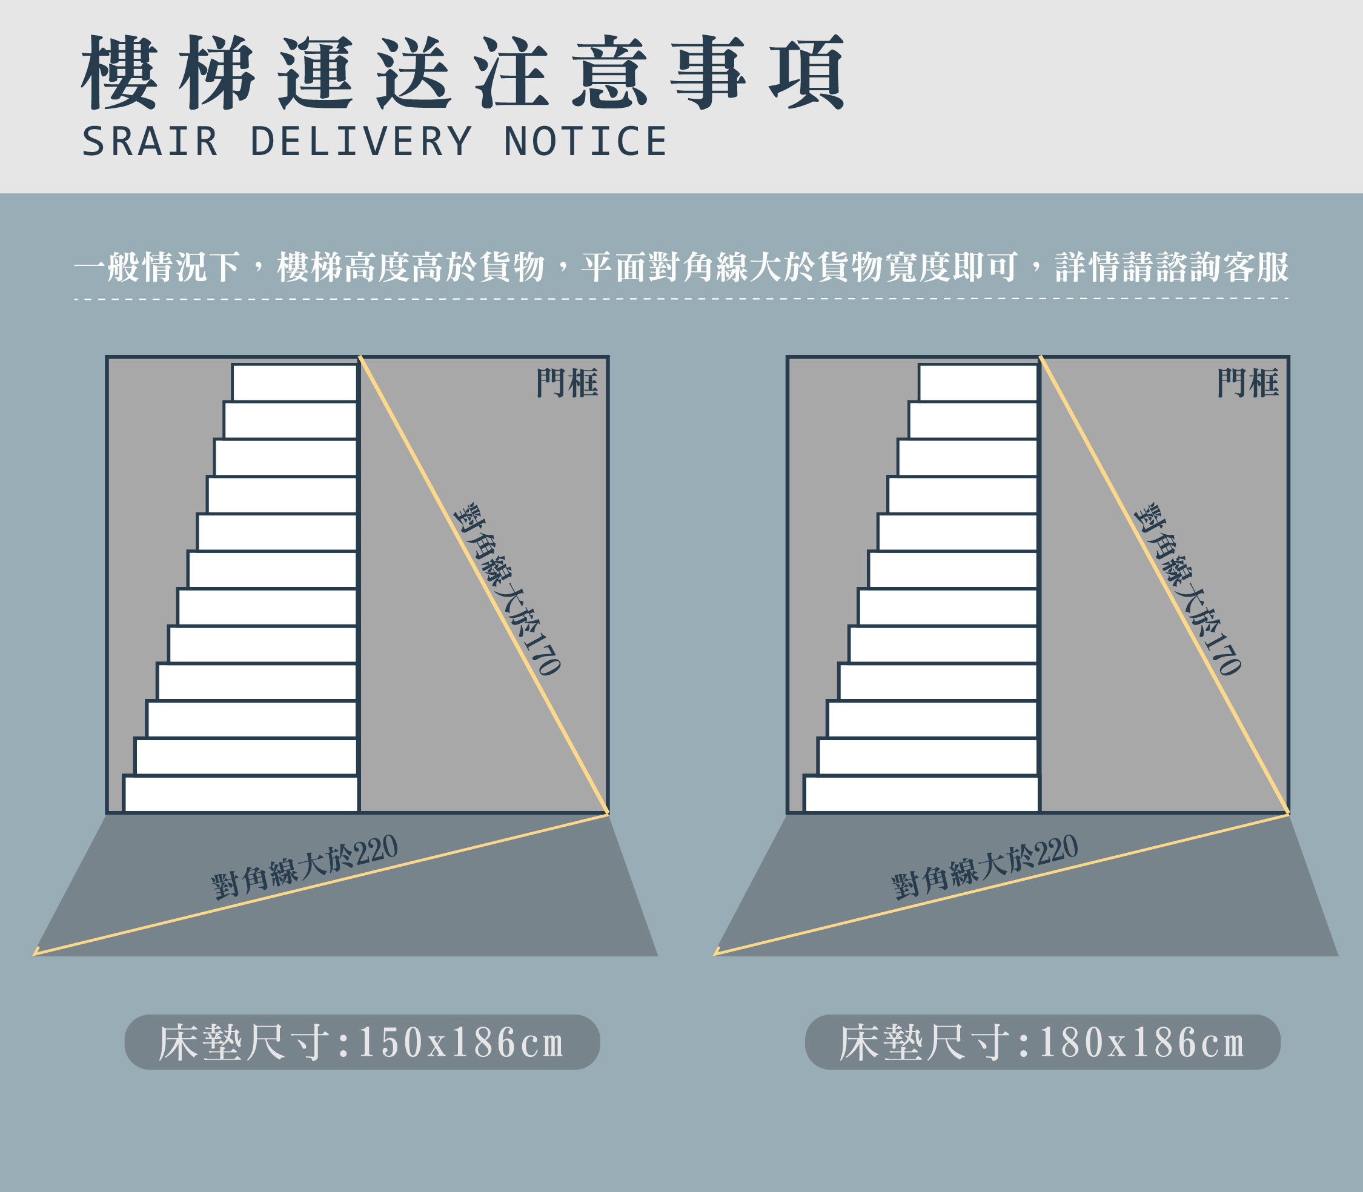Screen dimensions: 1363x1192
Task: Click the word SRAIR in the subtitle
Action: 150,142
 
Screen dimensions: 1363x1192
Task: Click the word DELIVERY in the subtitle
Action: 360,142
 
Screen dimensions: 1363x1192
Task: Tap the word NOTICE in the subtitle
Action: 585,142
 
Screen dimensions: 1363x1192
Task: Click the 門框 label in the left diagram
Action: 567,383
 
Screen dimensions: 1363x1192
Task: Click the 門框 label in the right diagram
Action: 1247,383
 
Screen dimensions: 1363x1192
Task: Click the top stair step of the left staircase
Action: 294,382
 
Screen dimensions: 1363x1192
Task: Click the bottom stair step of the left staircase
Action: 241,794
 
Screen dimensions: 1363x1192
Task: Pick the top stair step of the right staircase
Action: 978,382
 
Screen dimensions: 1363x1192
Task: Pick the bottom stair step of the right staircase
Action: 921,794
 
